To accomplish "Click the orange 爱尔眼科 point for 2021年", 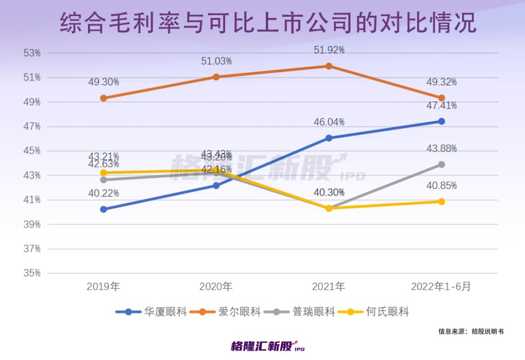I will (x=329, y=66).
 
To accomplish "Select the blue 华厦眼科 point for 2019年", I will (x=104, y=209).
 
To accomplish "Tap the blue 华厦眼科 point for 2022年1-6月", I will (x=441, y=121).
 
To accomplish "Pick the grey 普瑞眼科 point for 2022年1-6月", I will (x=441, y=165).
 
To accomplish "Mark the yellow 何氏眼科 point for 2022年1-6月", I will (x=441, y=201).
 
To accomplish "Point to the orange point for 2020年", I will (x=216, y=77).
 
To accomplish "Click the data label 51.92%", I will (x=329, y=50).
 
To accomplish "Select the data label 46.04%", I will (x=329, y=121).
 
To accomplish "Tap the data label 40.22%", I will (x=104, y=193).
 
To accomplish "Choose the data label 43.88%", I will (x=441, y=149).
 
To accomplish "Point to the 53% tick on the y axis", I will (x=32, y=53).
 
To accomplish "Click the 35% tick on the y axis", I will (x=32, y=273).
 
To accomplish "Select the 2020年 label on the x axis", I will (x=216, y=287).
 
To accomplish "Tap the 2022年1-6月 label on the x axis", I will (x=441, y=287).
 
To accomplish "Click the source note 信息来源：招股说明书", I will (x=471, y=331).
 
